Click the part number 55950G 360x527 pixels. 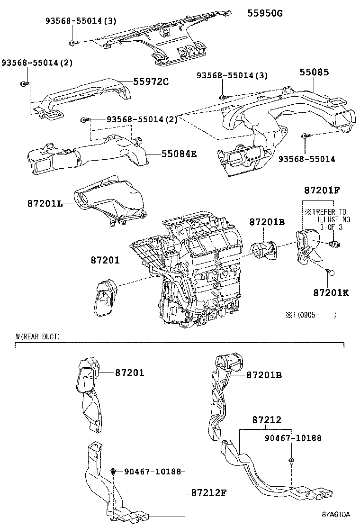264,13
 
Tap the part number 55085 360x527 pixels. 314,72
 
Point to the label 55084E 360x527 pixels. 179,154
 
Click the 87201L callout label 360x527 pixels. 45,203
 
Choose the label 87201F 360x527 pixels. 323,191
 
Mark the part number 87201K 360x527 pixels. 331,292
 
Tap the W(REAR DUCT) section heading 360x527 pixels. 38,336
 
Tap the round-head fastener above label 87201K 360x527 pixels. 331,273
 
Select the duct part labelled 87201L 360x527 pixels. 109,199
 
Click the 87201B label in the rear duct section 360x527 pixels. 264,374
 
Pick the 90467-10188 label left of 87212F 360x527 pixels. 153,472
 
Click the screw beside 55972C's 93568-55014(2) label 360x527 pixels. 24,84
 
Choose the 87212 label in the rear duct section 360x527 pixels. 267,420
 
